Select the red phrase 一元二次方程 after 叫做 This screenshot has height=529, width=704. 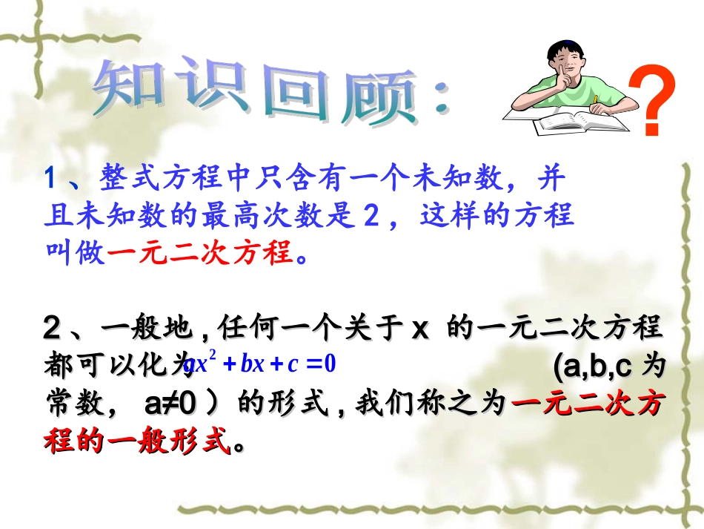(x=201, y=254)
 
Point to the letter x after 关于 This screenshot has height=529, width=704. (x=420, y=327)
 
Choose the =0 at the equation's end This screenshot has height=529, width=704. (x=322, y=364)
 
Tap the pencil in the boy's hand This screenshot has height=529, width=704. (x=595, y=99)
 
